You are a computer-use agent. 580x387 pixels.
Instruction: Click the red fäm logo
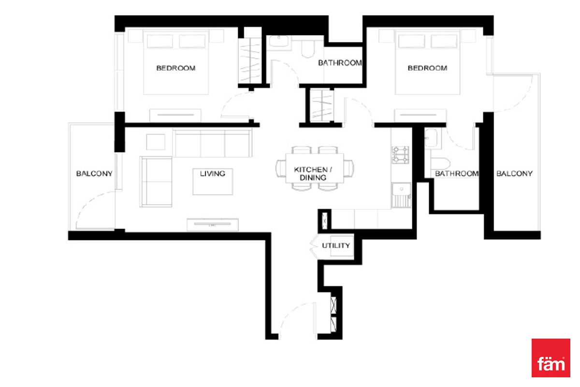click(551, 357)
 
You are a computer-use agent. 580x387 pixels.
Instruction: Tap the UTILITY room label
click(336, 245)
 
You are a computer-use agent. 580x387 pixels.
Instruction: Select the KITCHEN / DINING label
click(313, 173)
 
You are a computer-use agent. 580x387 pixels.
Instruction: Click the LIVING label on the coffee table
click(212, 173)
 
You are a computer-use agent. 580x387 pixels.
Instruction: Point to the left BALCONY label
click(94, 173)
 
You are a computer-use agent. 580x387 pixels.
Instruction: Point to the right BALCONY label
click(514, 173)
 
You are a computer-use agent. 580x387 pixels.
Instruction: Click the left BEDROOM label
click(176, 68)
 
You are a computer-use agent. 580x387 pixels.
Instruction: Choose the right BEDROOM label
click(427, 68)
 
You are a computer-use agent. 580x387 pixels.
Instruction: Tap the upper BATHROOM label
click(340, 63)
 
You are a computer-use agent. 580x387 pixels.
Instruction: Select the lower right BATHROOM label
click(457, 173)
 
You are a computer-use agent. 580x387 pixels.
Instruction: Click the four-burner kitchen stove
click(400, 155)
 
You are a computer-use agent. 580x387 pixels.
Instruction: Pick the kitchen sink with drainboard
click(401, 195)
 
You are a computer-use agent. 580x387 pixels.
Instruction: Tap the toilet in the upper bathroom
click(308, 48)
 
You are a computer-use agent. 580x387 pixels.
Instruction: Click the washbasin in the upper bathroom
click(279, 41)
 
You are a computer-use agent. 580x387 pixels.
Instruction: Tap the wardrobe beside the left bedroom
click(249, 60)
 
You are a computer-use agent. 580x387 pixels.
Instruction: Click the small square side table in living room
click(156, 142)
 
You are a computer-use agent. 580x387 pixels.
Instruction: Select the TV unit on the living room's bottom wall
click(213, 224)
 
